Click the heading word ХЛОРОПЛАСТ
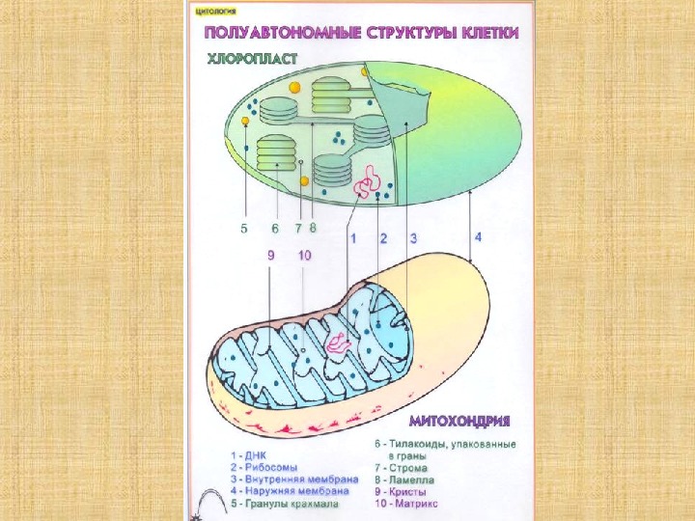(x=253, y=58)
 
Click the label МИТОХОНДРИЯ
(x=459, y=422)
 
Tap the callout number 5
(x=245, y=229)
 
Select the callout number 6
(x=275, y=229)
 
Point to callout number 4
(x=477, y=235)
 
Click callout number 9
(x=271, y=256)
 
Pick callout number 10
(x=304, y=256)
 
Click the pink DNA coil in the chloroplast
(x=368, y=178)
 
